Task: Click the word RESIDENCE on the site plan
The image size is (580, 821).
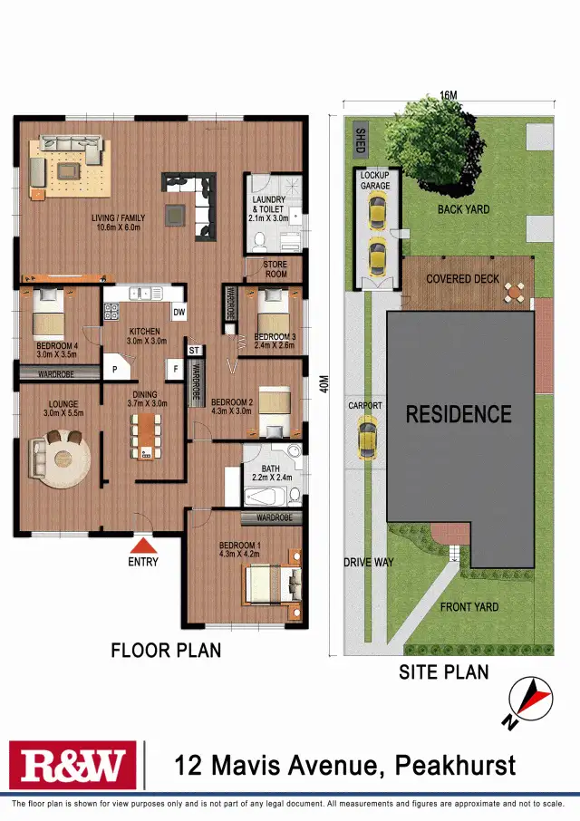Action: (x=459, y=415)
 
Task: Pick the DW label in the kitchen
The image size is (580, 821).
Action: (x=179, y=312)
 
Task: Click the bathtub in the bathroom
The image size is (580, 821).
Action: (x=265, y=496)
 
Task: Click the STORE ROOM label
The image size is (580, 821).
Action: (x=275, y=269)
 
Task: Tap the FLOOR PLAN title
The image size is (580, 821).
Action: (x=166, y=650)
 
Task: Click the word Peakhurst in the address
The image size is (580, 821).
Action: (x=456, y=766)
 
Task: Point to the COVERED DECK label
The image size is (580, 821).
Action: (x=462, y=279)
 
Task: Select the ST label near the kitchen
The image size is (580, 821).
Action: (x=194, y=350)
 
